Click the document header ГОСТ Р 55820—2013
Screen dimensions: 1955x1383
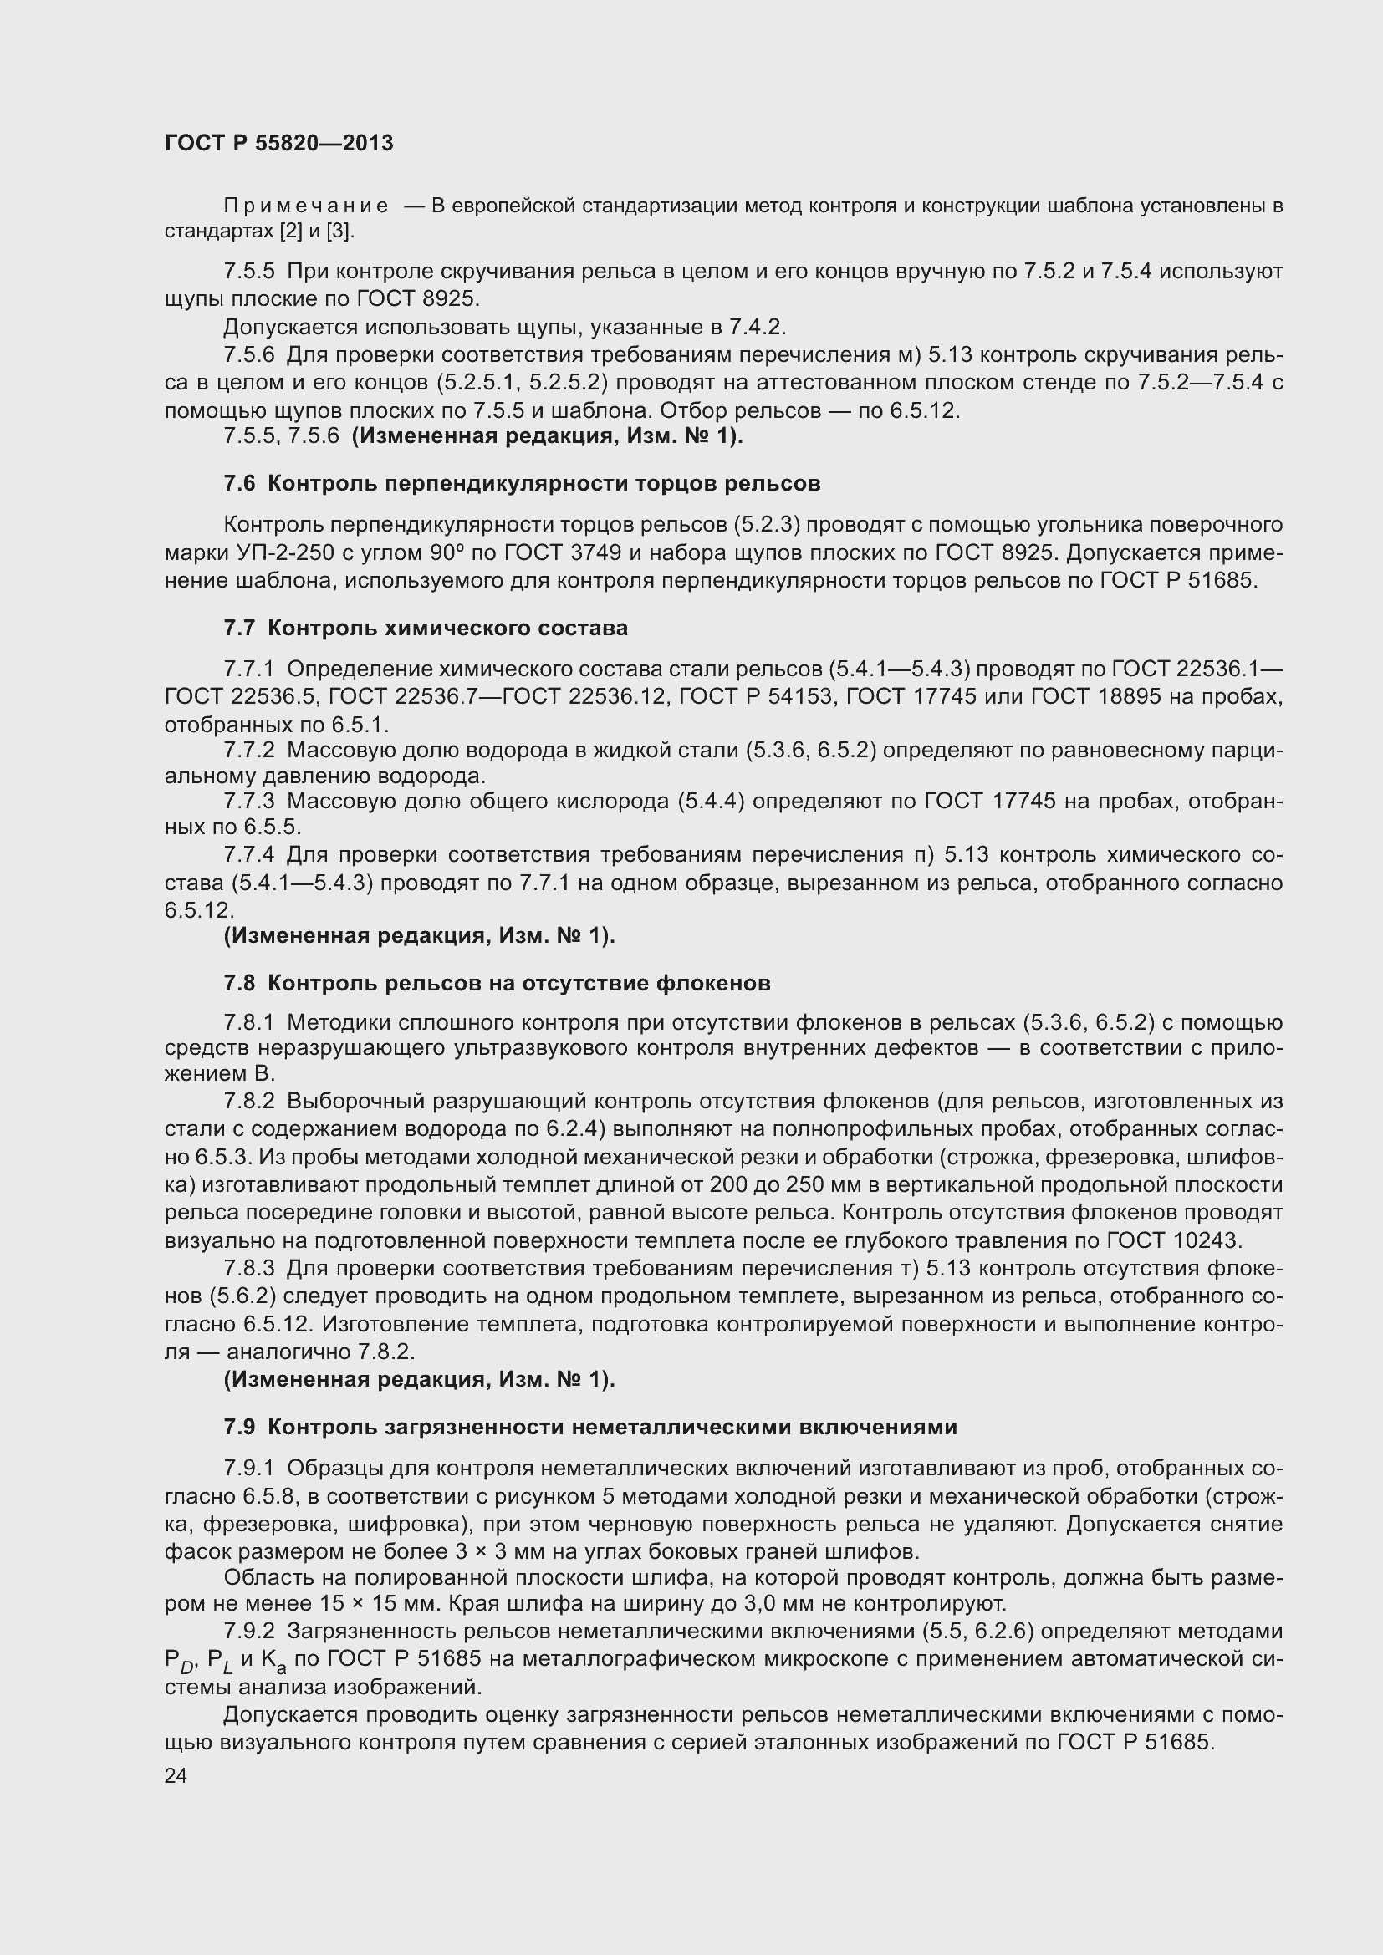point(278,143)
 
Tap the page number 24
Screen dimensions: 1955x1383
point(176,1775)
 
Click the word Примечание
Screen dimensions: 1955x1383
point(306,206)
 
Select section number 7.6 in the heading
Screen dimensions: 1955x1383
point(239,484)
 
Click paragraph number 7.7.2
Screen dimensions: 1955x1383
point(249,750)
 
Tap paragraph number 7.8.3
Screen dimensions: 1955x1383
point(249,1269)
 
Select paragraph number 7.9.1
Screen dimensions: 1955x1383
point(249,1468)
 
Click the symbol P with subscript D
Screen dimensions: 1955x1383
point(180,1661)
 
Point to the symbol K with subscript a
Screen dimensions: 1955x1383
point(273,1661)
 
